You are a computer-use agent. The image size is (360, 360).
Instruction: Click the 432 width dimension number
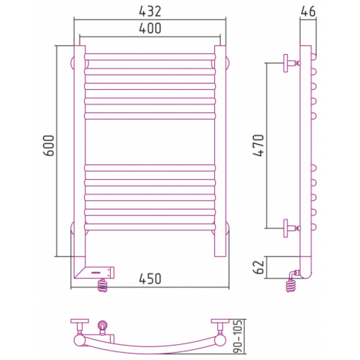tap(150, 12)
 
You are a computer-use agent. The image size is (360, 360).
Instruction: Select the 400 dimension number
tap(150, 28)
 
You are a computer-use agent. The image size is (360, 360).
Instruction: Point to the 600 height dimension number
tap(49, 145)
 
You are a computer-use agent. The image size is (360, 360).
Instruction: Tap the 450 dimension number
tap(150, 279)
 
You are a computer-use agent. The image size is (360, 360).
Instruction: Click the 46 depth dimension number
tap(308, 11)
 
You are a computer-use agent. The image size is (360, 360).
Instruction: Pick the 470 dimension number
tap(258, 145)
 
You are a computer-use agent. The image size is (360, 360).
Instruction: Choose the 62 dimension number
tap(258, 267)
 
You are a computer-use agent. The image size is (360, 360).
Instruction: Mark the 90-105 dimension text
tap(238, 340)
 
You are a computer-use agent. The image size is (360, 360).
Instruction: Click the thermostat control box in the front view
tap(99, 273)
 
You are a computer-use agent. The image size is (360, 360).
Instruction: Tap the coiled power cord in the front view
tap(103, 285)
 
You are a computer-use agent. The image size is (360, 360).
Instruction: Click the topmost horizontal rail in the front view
tap(150, 57)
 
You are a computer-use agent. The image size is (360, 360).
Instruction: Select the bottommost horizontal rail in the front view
tap(150, 227)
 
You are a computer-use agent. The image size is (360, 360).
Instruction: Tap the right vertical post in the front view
tap(220, 151)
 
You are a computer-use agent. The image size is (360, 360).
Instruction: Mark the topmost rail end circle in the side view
tap(314, 57)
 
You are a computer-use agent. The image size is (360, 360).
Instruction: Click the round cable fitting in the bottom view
tap(103, 325)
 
